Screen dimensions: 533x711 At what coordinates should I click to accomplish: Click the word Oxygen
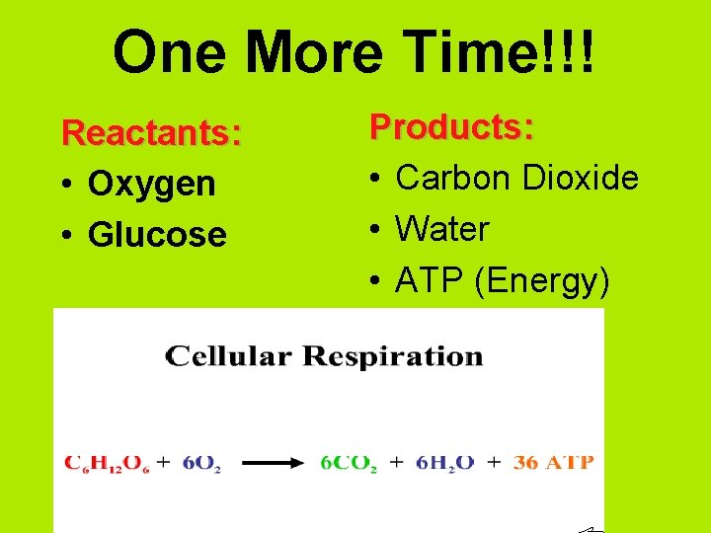151,184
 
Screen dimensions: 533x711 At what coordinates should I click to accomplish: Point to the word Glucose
157,235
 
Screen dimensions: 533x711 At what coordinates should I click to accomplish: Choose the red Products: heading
452,127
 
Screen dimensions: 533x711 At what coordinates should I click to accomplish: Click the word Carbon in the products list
453,179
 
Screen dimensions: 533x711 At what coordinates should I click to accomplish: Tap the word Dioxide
580,179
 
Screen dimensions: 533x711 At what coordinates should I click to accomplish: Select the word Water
442,230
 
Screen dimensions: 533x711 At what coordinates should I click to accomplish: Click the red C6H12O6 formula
105,462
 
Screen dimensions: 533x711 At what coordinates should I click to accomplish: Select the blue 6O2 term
201,462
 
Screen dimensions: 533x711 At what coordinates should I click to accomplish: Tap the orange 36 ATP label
553,462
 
